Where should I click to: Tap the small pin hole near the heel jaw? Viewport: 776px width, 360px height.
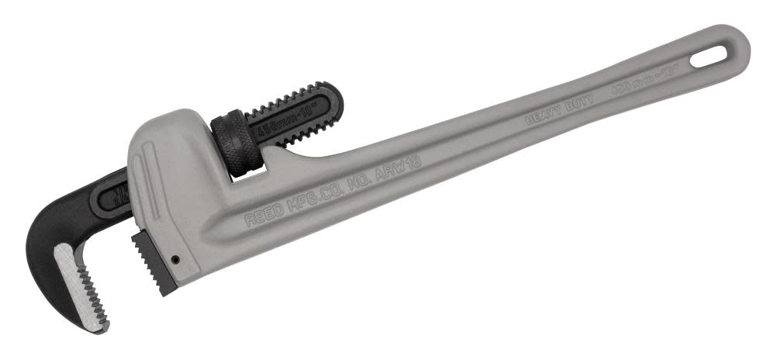tap(177, 260)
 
